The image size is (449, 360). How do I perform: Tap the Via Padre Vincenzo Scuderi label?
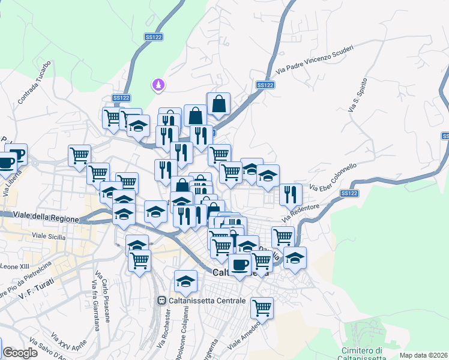click(x=315, y=59)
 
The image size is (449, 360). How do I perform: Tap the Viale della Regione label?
click(x=46, y=218)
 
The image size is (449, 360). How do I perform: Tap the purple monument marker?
click(x=158, y=86)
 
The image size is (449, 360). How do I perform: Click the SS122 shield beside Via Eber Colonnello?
click(x=349, y=193)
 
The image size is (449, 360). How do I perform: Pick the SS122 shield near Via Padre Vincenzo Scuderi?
click(x=265, y=85)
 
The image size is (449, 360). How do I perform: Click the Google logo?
click(x=20, y=353)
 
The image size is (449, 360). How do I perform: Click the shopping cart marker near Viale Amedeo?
click(x=262, y=308)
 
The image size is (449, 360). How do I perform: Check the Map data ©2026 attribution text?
click(x=424, y=355)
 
